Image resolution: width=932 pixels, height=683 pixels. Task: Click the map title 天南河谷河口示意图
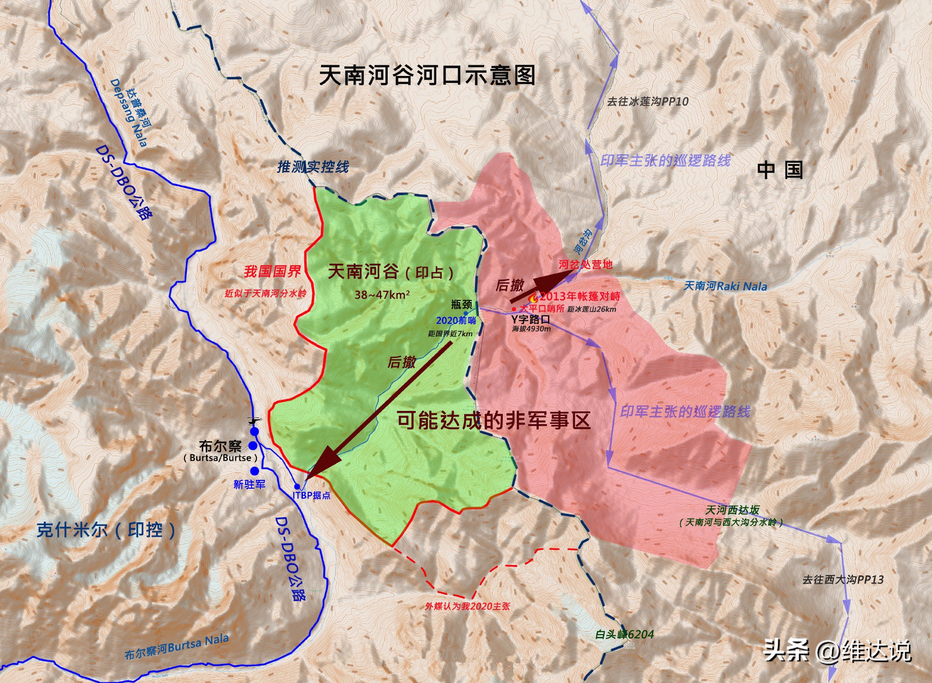tap(427, 75)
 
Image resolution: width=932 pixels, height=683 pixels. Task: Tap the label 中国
tap(780, 170)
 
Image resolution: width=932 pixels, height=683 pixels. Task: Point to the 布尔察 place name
tap(220, 446)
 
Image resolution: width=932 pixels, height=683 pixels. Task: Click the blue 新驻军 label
tap(249, 485)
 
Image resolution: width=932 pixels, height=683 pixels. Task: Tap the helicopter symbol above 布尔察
tap(254, 421)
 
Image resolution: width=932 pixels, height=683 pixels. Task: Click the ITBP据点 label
tap(311, 495)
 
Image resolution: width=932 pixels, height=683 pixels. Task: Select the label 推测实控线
tap(313, 167)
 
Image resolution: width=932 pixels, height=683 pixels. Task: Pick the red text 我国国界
tap(272, 272)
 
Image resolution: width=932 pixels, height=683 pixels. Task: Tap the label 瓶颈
tap(461, 305)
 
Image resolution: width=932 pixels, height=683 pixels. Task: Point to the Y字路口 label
tap(530, 320)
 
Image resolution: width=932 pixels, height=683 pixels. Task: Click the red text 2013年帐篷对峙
tap(580, 296)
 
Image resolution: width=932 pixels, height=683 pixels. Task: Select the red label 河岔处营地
tap(585, 265)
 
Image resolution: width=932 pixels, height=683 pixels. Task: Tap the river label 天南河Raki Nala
tap(725, 286)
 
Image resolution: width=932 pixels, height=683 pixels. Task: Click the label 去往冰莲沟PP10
tap(647, 102)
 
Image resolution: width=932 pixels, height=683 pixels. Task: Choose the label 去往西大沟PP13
tap(843, 580)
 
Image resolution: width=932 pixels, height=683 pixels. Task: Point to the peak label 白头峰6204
tap(624, 634)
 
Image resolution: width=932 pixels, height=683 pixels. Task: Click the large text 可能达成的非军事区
tap(493, 421)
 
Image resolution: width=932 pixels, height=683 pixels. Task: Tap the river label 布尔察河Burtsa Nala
tap(177, 647)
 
